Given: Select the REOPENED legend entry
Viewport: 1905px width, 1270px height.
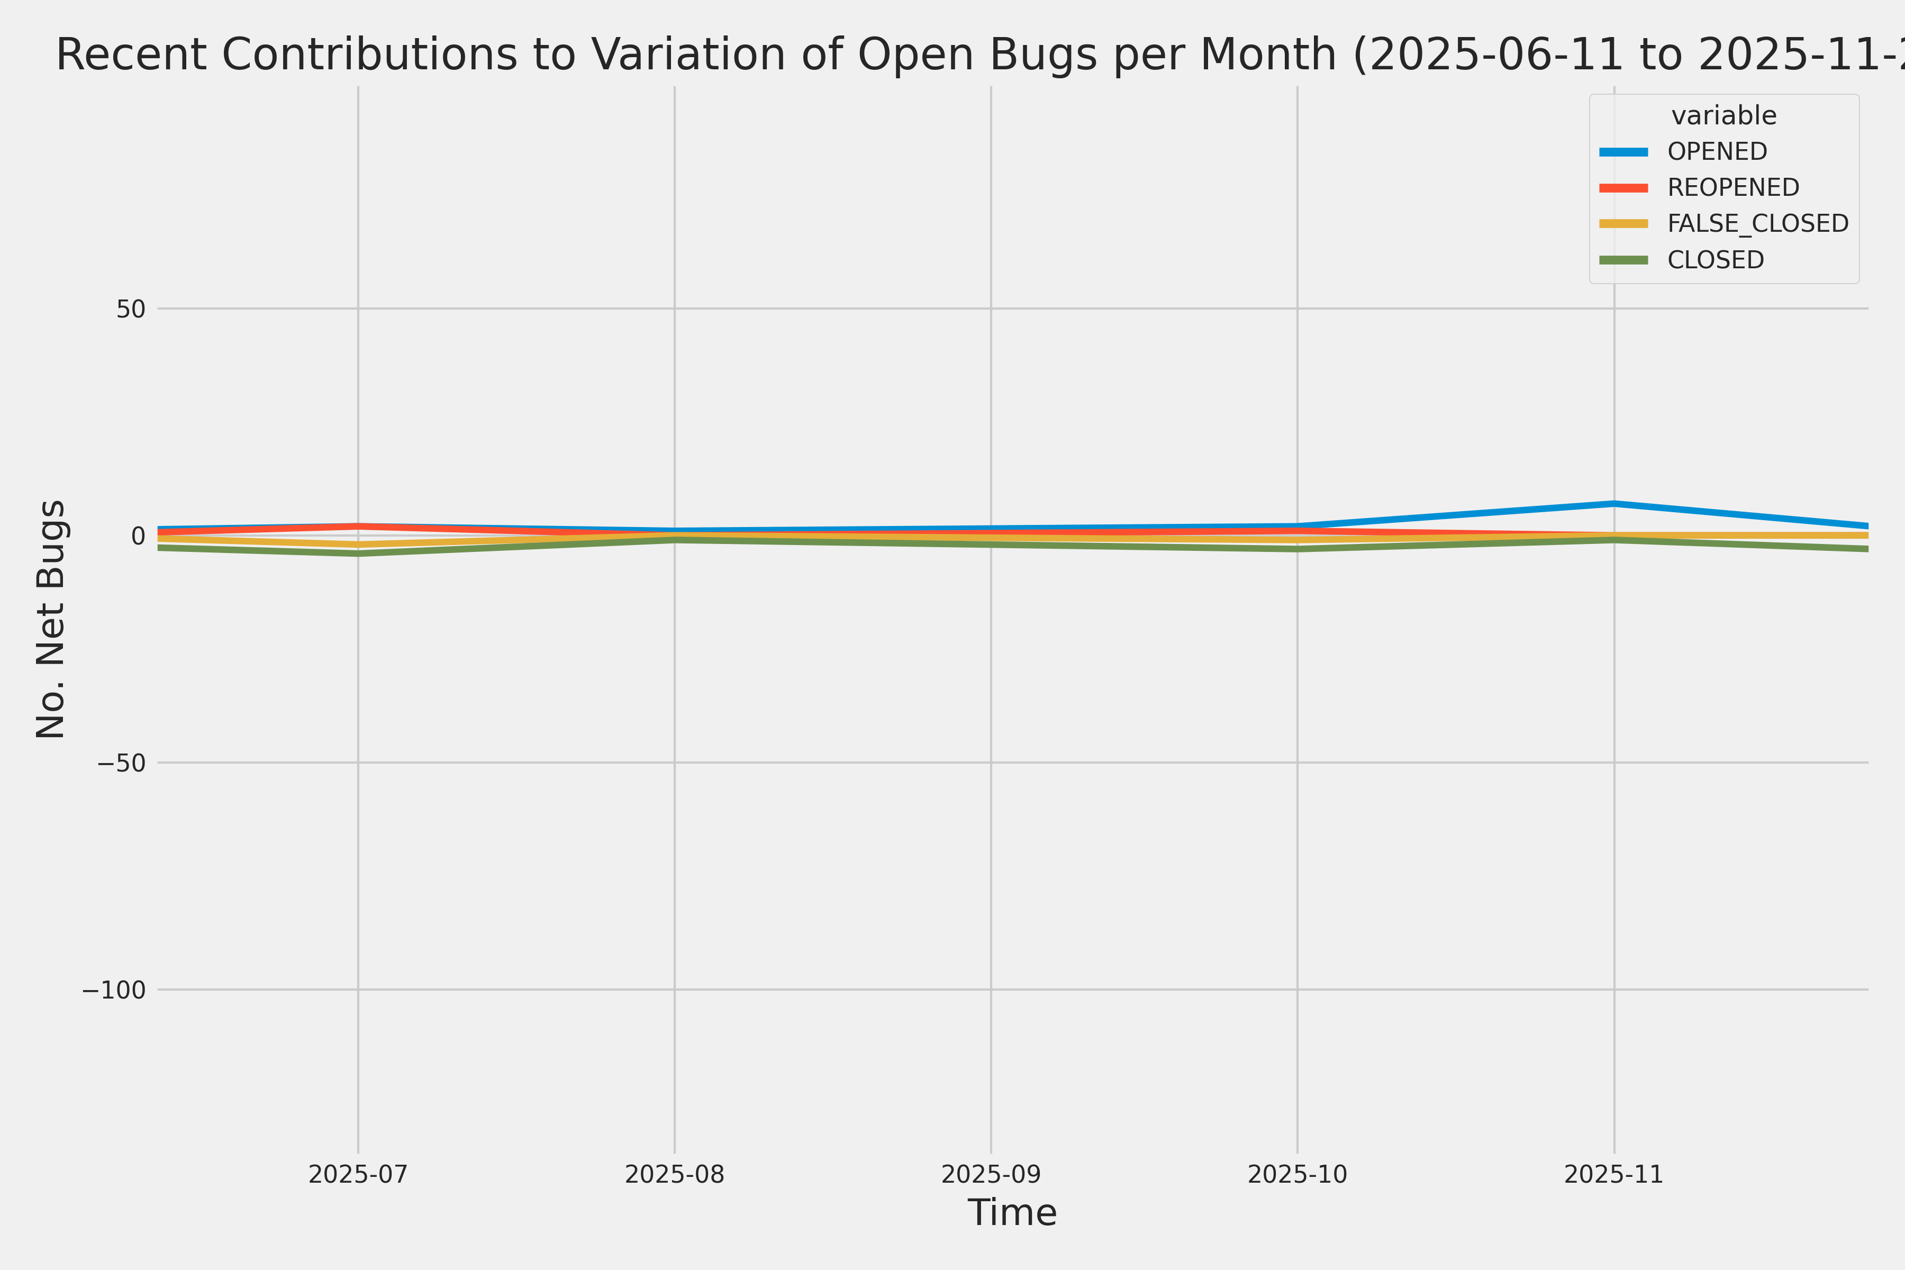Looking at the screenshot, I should [1732, 187].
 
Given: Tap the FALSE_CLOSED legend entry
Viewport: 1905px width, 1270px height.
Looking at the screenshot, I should [1757, 223].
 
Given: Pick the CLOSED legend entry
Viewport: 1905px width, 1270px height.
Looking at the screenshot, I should [1714, 260].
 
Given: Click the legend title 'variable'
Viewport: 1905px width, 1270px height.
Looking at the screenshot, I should [1723, 116].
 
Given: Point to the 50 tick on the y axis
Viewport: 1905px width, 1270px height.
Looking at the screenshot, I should [130, 309].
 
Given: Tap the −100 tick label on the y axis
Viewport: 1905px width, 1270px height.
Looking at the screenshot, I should [113, 990].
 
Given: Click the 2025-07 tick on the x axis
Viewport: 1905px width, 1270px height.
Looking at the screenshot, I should [358, 1174].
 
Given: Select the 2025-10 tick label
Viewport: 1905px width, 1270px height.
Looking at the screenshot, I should [1298, 1174].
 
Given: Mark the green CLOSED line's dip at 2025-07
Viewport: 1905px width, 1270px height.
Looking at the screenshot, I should [358, 553].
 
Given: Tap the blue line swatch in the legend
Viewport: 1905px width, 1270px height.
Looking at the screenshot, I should [1623, 151].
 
